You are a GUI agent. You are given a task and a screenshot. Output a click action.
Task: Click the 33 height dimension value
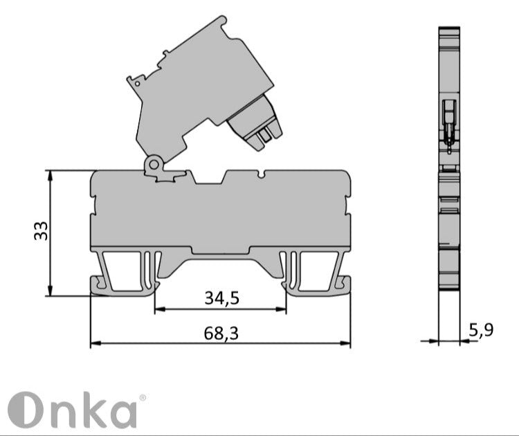point(42,230)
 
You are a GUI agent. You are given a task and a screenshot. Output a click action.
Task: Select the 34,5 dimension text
point(221,298)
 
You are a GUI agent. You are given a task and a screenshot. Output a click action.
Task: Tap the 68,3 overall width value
point(221,334)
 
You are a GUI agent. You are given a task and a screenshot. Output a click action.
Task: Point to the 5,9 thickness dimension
point(480,330)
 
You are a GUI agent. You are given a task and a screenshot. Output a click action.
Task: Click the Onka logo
point(73,410)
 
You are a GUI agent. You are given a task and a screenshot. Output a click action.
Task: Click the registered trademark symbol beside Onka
point(143,398)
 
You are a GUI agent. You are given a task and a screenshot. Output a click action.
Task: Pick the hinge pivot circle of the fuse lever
point(153,164)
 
